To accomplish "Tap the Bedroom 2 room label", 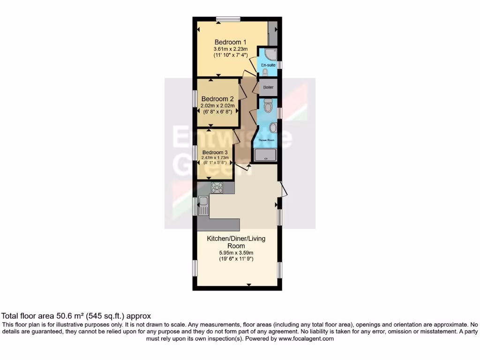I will click(x=217, y=99).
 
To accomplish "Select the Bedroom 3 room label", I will click(x=215, y=152).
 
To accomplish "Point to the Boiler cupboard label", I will click(x=268, y=87).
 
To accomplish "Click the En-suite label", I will click(x=268, y=65).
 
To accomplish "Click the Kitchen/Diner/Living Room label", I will click(x=236, y=242).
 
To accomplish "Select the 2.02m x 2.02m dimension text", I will click(x=217, y=106).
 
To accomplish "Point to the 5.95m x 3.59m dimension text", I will click(x=236, y=252).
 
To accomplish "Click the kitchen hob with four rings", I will click(x=217, y=188).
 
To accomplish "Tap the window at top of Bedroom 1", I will click(x=229, y=19).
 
